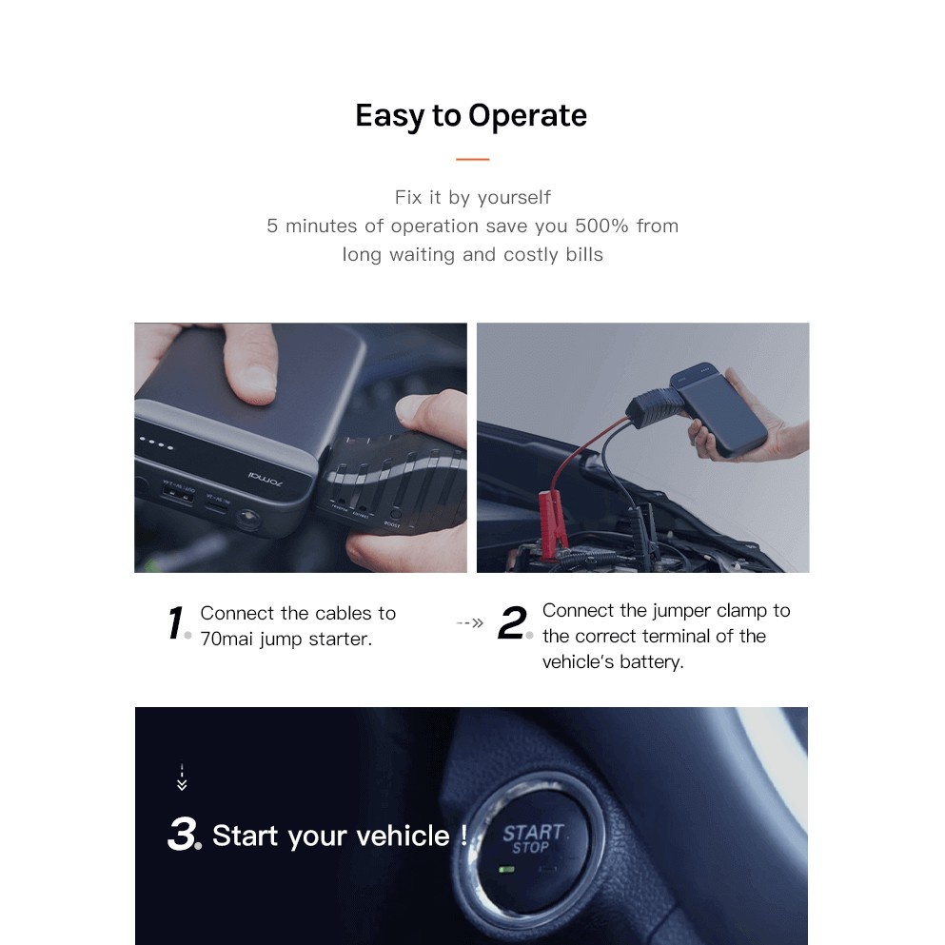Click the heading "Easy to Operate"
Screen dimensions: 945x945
pos(471,116)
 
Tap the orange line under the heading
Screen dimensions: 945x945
pos(472,159)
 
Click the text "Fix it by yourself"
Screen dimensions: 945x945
pos(472,198)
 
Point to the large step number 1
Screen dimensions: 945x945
pos(176,625)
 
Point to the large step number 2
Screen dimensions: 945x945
pos(513,624)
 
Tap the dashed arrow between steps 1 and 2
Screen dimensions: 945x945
pos(470,623)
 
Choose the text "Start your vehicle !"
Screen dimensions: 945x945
pos(340,837)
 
